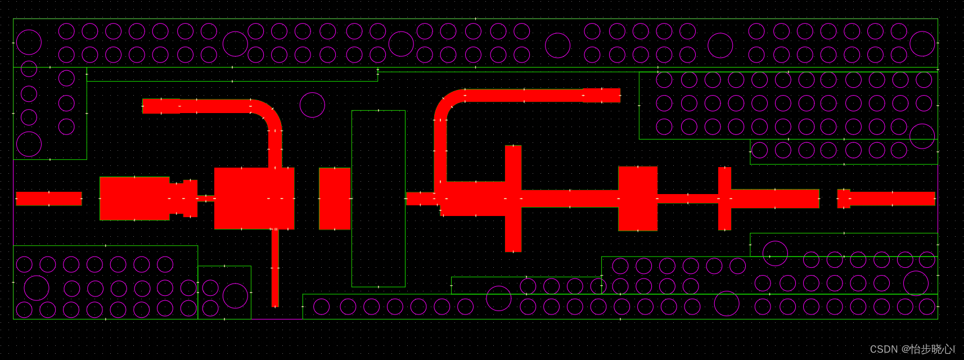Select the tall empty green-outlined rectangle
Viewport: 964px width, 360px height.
[378, 199]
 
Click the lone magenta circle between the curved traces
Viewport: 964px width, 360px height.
[312, 105]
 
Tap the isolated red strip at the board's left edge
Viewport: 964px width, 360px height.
[49, 199]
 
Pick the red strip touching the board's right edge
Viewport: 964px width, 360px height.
[891, 199]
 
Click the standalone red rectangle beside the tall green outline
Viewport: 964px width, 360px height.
[335, 199]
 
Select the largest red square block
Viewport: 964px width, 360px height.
[254, 199]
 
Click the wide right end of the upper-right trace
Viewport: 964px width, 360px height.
[601, 95]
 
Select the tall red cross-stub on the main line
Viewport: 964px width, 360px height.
[513, 199]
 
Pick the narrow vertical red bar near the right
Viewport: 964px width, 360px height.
[724, 199]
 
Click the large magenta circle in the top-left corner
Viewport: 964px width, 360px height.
[29, 42]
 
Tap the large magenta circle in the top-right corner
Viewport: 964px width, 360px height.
[922, 43]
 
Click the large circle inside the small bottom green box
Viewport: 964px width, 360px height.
[235, 296]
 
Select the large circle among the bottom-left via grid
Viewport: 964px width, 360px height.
[37, 288]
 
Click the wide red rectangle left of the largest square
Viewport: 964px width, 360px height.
[134, 199]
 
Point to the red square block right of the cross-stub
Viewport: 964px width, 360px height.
[638, 199]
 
